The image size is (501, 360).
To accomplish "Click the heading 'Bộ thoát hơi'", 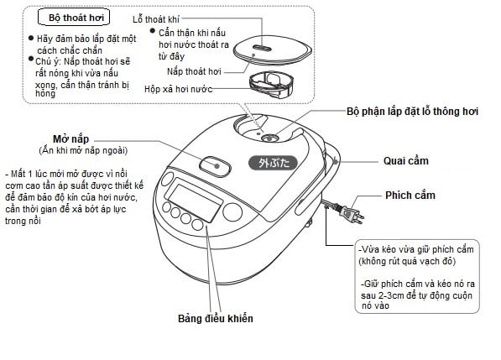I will tap(76, 17).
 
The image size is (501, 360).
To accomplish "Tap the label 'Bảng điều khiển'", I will tap(216, 319).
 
